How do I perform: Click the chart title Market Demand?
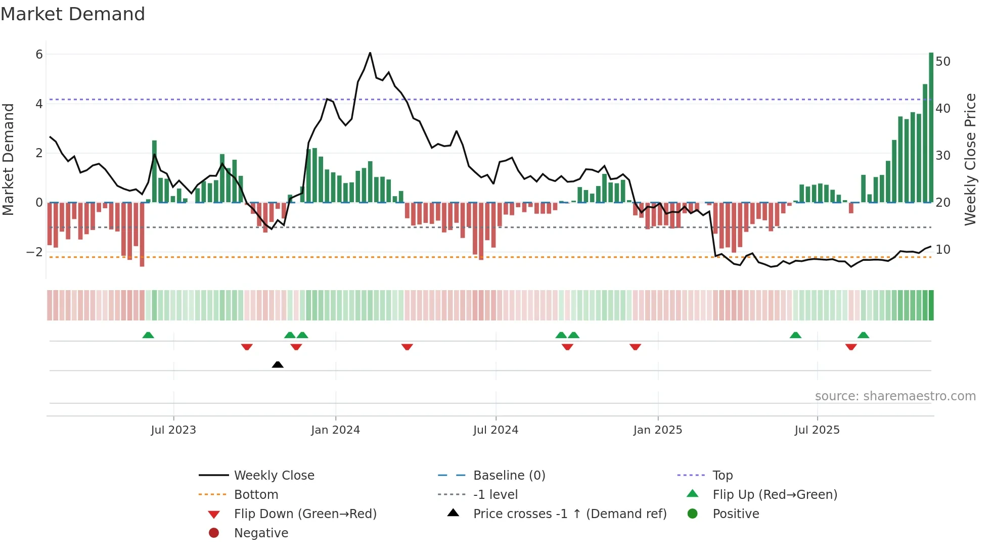pos(73,14)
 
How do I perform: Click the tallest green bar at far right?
pos(931,126)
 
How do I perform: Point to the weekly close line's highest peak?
pos(370,53)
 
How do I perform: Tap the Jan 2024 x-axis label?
pos(335,430)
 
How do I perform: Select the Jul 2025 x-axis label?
pos(817,430)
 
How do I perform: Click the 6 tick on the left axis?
pos(39,55)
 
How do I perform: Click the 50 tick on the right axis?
pos(943,62)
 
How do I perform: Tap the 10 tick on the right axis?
pos(943,250)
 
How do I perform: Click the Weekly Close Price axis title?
pos(970,159)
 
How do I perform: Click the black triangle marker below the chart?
pos(278,364)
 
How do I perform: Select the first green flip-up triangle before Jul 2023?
pos(148,335)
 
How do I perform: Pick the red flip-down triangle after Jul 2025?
pos(851,347)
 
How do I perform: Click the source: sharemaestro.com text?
pos(895,396)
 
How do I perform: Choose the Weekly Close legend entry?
pos(274,476)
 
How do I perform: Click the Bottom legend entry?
pos(256,495)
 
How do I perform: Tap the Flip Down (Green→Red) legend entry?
pos(305,514)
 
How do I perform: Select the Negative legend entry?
pos(261,533)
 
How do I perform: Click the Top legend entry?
pos(722,476)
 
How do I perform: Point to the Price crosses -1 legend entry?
pos(569,514)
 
